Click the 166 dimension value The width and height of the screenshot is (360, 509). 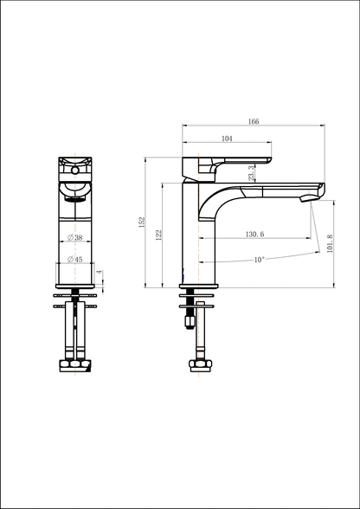tap(254, 121)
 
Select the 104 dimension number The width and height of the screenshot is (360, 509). tap(227, 138)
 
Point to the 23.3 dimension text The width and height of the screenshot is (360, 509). tap(251, 174)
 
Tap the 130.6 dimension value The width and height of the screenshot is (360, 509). tap(255, 234)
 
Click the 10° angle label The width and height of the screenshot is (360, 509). tap(259, 258)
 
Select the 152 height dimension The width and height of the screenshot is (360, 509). tap(142, 222)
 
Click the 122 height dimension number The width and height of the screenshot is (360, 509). tap(158, 235)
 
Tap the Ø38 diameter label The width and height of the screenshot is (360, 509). tap(75, 237)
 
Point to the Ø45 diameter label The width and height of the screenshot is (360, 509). tap(75, 259)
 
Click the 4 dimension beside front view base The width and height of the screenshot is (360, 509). tap(100, 273)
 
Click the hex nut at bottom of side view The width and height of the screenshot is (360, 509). tap(198, 364)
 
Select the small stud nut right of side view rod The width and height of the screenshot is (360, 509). tap(210, 320)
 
